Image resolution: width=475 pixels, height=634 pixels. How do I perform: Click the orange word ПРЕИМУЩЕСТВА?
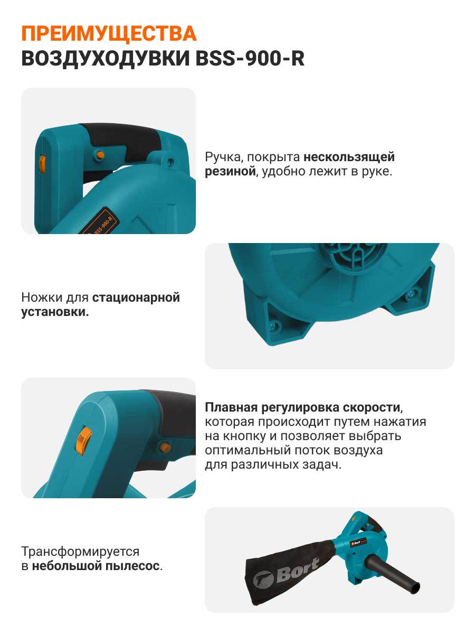pyautogui.click(x=109, y=34)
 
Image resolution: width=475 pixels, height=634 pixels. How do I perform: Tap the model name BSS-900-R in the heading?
pyautogui.click(x=250, y=59)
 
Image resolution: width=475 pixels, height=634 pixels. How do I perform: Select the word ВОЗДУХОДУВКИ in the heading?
pyautogui.click(x=106, y=59)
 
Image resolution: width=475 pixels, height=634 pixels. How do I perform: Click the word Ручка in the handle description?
pyautogui.click(x=222, y=157)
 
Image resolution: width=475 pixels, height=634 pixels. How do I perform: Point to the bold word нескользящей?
pyautogui.click(x=349, y=157)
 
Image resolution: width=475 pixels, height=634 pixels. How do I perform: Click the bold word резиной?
pyautogui.click(x=230, y=171)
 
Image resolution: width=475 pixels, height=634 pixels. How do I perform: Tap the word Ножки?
pyautogui.click(x=42, y=297)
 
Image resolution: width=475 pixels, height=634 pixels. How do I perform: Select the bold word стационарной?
pyautogui.click(x=136, y=298)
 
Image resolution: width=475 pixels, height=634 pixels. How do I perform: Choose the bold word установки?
pyautogui.click(x=54, y=312)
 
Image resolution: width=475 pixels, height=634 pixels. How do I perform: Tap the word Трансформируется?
pyautogui.click(x=80, y=552)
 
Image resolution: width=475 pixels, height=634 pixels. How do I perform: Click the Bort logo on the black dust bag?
pyautogui.click(x=286, y=576)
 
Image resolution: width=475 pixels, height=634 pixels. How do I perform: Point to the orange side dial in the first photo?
pyautogui.click(x=42, y=164)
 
